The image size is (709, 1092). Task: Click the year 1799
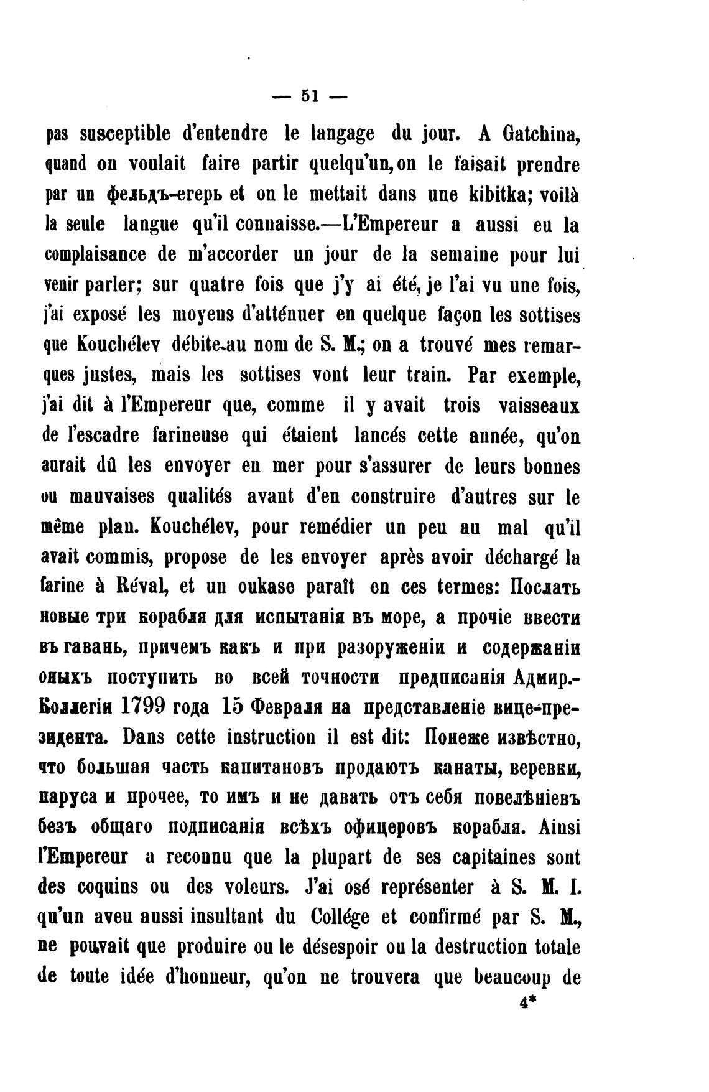143,707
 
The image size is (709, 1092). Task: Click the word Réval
136,587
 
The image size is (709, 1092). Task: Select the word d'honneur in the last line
202,977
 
